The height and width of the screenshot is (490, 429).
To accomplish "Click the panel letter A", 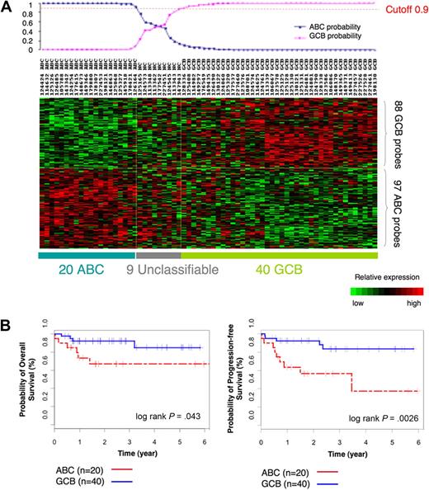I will coord(7,7).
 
